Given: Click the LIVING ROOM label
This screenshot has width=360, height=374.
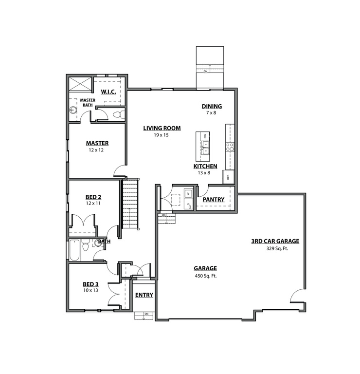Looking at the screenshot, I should coord(162,129).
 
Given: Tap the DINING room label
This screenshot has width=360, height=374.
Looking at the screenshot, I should coord(212,106).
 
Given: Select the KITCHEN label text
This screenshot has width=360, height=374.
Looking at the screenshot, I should coord(205,166).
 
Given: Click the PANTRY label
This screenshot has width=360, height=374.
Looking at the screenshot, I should coord(213,200).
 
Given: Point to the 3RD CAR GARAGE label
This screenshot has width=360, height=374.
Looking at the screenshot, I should coord(275,241).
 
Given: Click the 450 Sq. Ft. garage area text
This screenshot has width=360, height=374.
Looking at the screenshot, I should coord(205,276).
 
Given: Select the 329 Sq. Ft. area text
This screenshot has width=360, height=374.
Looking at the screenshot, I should coord(275,248).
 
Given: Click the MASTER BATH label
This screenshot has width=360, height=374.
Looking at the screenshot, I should coord(88,102).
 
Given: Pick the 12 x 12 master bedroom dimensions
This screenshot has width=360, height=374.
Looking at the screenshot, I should coord(96,150).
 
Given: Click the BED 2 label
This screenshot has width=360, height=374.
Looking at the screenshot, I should coord(93,197).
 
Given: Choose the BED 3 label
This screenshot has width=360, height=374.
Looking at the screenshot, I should coord(90,284).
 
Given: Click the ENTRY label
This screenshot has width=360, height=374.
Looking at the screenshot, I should coord(144,295).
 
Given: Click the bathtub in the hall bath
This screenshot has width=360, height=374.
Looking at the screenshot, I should coord(74,250).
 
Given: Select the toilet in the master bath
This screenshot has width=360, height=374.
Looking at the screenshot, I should coord(117,115).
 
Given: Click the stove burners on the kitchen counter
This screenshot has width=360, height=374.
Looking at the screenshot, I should coord(230,145).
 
